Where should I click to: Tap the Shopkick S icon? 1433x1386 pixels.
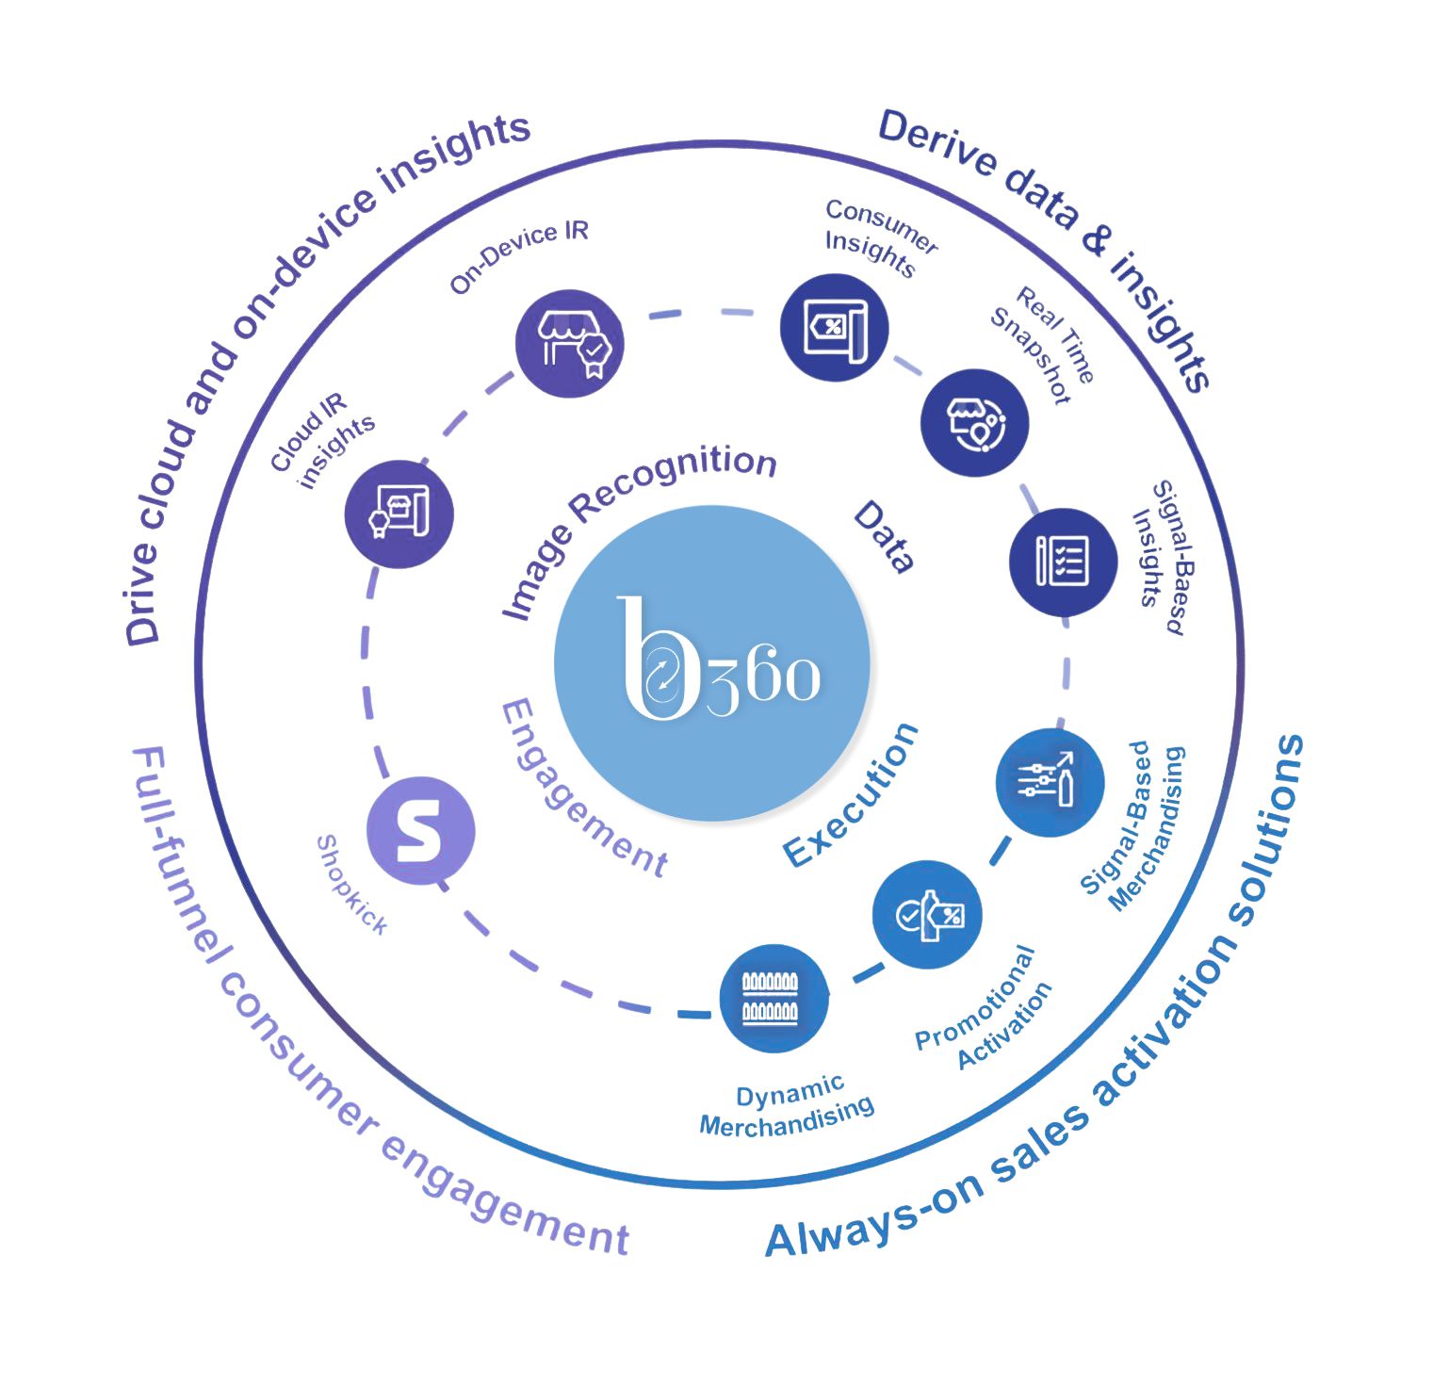pyautogui.click(x=420, y=830)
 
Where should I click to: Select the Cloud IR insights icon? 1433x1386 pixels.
pyautogui.click(x=399, y=514)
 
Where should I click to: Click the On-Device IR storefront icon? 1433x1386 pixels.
pyautogui.click(x=570, y=343)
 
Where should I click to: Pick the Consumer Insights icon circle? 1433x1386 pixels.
pyautogui.click(x=835, y=327)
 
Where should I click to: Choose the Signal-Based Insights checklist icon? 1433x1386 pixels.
pyautogui.click(x=1063, y=562)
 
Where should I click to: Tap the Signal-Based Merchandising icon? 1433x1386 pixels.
pyautogui.click(x=1049, y=782)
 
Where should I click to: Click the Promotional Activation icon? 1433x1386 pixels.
pyautogui.click(x=927, y=914)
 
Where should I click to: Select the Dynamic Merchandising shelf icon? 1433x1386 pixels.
pyautogui.click(x=773, y=998)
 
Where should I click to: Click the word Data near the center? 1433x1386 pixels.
pyautogui.click(x=884, y=536)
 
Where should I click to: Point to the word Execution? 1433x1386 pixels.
pyautogui.click(x=851, y=796)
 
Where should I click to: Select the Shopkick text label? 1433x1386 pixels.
pyautogui.click(x=351, y=885)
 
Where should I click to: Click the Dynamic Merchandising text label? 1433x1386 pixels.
pyautogui.click(x=787, y=1108)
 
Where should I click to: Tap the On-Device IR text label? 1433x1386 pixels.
pyautogui.click(x=519, y=256)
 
